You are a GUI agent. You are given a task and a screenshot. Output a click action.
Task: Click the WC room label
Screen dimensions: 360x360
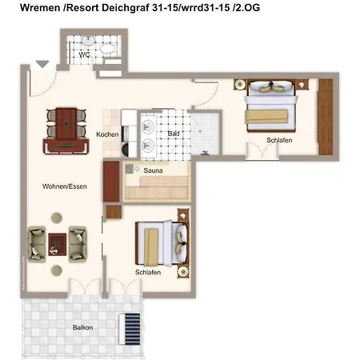click(84, 54)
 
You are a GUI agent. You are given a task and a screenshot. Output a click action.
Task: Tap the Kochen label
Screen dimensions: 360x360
click(107, 134)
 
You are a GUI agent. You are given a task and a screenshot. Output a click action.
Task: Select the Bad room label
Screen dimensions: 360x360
click(174, 134)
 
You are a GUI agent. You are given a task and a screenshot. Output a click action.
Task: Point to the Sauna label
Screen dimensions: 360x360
click(153, 170)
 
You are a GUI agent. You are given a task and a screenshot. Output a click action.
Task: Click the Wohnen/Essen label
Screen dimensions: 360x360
click(65, 186)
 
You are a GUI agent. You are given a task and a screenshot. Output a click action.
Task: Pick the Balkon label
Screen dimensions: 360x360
click(82, 327)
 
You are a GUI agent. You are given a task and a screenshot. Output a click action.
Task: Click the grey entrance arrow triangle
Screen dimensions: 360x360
click(42, 64)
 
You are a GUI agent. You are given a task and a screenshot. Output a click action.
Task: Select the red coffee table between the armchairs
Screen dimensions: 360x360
click(58, 244)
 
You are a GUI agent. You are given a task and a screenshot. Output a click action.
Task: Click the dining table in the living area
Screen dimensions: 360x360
click(66, 123)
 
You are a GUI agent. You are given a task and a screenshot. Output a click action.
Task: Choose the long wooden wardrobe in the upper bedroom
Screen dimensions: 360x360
click(326, 117)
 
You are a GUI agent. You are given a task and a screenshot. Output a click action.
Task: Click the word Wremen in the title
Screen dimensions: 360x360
click(40, 8)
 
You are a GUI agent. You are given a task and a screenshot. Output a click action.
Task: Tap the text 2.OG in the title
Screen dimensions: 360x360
click(246, 8)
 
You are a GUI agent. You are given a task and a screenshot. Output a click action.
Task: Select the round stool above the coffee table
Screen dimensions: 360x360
click(57, 218)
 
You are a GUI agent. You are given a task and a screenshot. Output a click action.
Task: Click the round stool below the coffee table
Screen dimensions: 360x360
click(57, 270)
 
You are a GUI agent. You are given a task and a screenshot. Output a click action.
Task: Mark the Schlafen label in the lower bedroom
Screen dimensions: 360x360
click(148, 272)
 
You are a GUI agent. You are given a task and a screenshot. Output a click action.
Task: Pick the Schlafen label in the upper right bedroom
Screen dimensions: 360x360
click(279, 140)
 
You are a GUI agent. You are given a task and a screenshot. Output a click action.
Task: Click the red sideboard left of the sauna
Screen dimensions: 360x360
click(111, 182)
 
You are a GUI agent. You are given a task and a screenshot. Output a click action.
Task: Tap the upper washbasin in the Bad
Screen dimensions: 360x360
click(147, 126)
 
